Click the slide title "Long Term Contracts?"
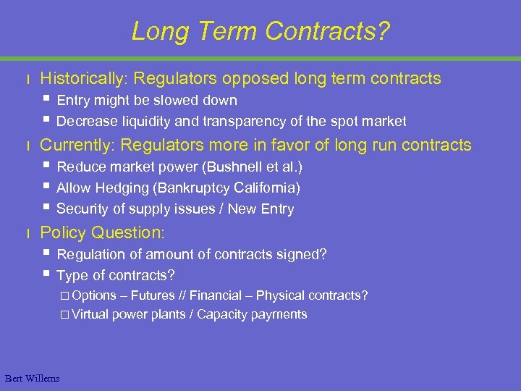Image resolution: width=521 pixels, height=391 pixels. pos(260,31)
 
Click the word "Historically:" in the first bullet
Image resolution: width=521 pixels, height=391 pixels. pos(85,78)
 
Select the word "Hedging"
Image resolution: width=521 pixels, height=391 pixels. pos(119,188)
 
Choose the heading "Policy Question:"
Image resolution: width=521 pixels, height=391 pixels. pos(103,232)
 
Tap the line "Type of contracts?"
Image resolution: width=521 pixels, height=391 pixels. pos(116,275)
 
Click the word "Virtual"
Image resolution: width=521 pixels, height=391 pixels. pos(90,314)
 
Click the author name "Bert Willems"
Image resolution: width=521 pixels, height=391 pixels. pos(33,378)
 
